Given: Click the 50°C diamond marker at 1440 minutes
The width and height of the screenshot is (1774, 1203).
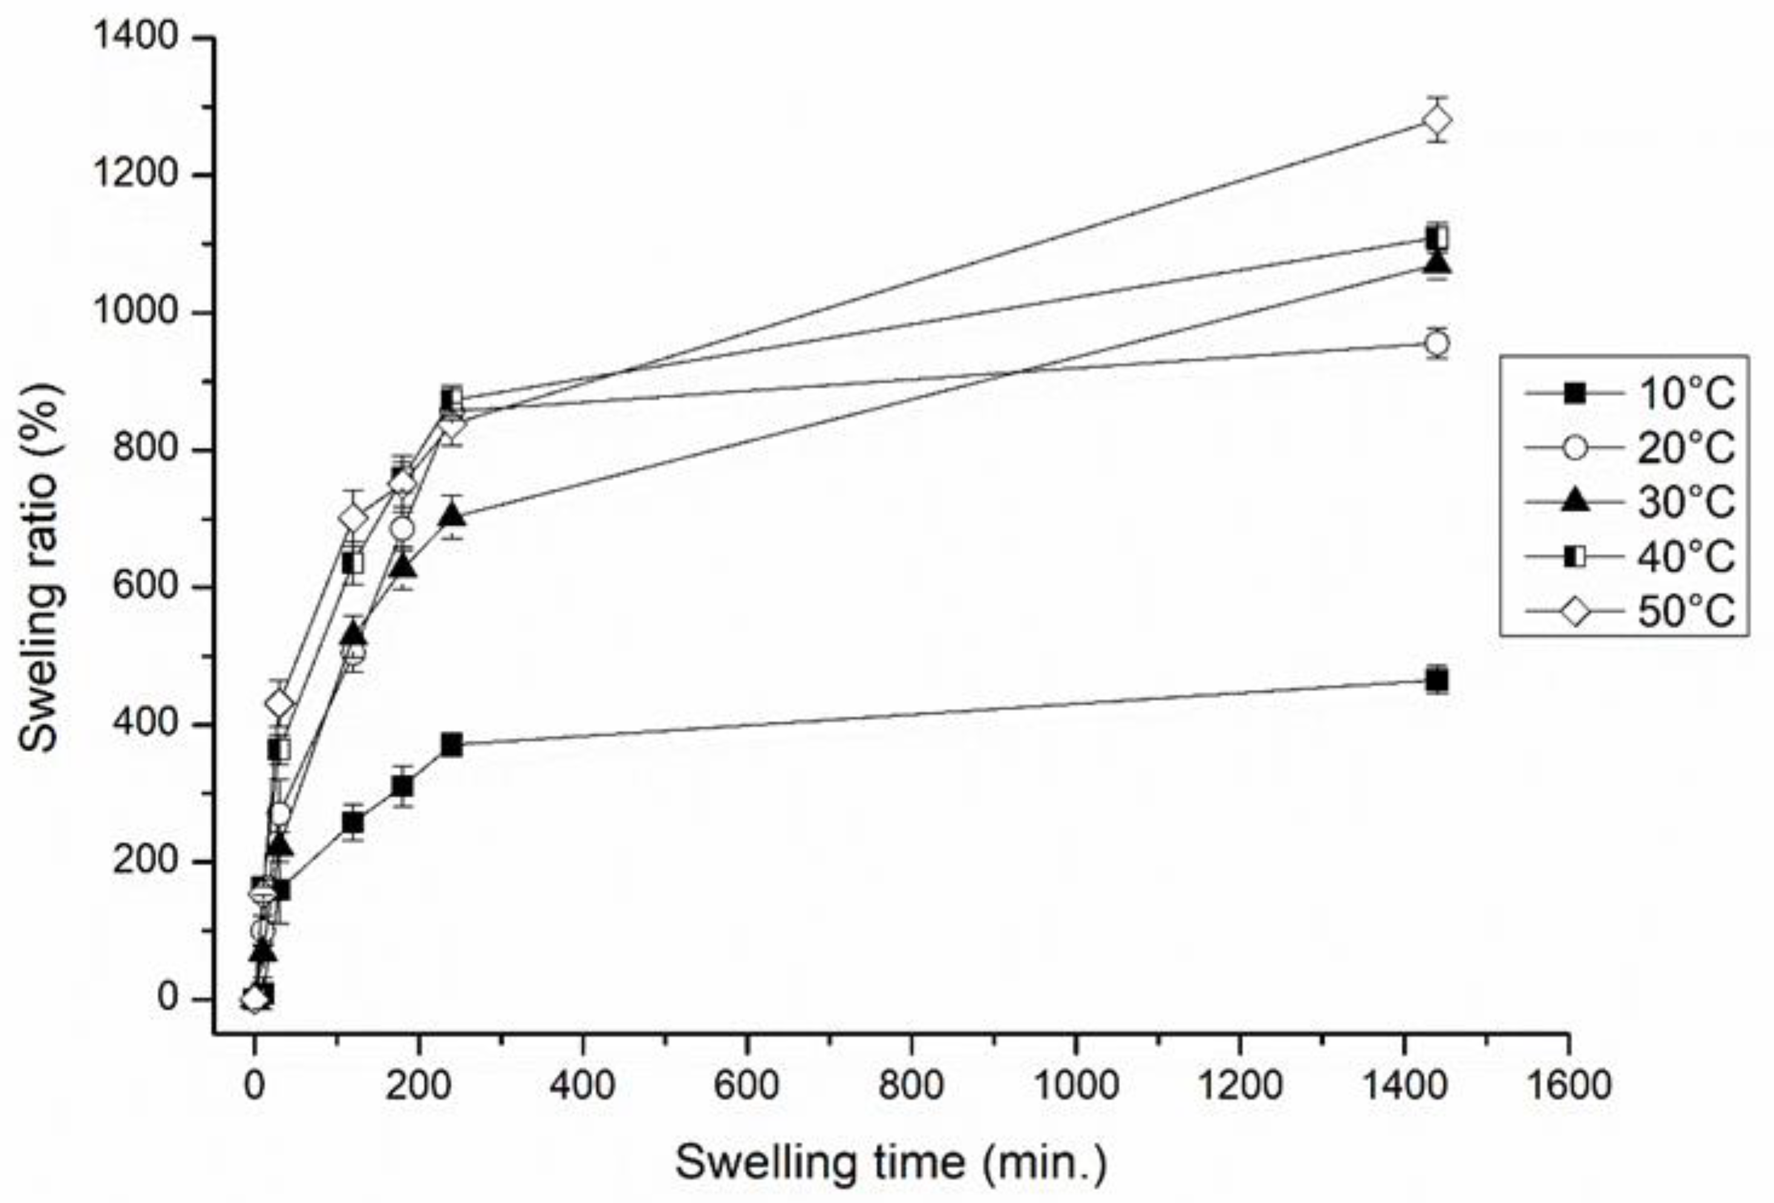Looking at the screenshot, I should point(1437,120).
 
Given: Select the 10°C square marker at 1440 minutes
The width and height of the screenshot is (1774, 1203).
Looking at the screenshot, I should point(1436,679).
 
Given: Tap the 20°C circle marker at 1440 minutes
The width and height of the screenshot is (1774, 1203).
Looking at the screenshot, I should point(1436,344).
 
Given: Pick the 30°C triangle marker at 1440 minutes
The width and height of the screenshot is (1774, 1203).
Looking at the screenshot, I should point(1436,263).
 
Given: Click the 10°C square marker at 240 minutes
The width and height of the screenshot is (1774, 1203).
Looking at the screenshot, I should point(451,745).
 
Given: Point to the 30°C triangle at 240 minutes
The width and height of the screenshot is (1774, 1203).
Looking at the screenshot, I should point(452,516).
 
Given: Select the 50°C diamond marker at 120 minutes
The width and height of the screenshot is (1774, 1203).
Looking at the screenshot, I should point(353,518).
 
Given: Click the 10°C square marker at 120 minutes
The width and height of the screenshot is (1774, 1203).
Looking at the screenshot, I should point(353,823).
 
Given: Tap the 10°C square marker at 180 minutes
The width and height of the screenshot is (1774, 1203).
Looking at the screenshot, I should point(403,786).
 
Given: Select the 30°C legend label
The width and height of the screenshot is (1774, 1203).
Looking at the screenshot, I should point(1684,502).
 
